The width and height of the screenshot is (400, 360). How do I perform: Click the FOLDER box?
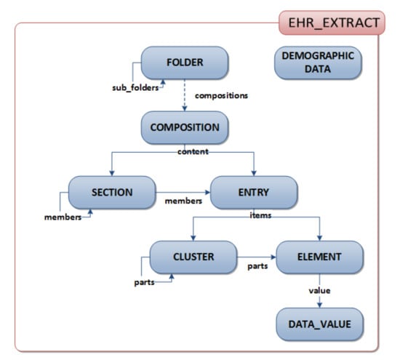[x=185, y=63]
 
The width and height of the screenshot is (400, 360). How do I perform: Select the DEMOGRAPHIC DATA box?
[x=318, y=63]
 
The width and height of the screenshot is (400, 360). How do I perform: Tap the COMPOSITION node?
[x=185, y=127]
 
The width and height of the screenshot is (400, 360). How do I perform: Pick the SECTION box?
[x=112, y=193]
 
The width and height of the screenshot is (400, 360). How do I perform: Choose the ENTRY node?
[x=254, y=193]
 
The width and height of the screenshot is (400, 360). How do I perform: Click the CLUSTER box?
[x=193, y=257]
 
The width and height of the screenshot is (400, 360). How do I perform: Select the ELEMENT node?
[x=319, y=257]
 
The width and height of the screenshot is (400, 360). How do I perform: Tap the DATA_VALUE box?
[x=319, y=324]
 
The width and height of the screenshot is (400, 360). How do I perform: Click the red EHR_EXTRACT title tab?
[x=332, y=23]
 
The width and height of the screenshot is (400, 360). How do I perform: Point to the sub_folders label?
[x=135, y=88]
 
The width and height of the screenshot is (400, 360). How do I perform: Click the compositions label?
[x=221, y=96]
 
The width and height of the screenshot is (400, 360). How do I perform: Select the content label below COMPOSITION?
[x=193, y=151]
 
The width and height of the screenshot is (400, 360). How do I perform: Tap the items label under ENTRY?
[x=260, y=215]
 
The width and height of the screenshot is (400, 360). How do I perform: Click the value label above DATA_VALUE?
[x=319, y=291]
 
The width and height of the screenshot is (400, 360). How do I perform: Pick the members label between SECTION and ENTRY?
[x=183, y=201]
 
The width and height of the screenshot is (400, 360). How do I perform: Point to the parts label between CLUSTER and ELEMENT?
[x=257, y=266]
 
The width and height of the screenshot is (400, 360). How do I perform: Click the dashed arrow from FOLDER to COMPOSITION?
[x=185, y=95]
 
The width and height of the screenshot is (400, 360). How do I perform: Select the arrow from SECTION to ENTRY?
[x=183, y=193]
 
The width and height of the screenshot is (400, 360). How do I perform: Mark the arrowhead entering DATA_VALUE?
[x=319, y=305]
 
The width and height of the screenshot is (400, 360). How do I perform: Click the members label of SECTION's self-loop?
[x=63, y=217]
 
